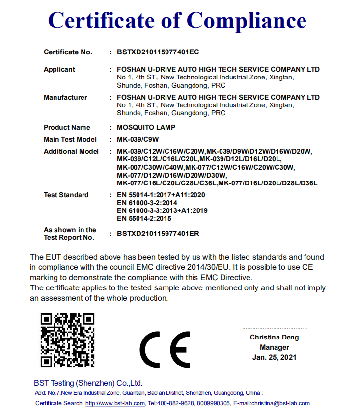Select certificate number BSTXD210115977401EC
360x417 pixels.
(158, 52)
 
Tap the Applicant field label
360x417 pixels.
(59, 70)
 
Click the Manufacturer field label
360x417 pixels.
(65, 98)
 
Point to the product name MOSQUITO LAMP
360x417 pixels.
(146, 128)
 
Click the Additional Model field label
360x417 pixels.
(71, 152)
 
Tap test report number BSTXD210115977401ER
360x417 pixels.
(158, 234)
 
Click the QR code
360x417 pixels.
(67, 340)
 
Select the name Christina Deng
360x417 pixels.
(274, 338)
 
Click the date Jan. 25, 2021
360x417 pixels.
(275, 358)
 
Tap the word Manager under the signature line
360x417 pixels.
(275, 347)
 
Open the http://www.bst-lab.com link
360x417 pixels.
(115, 403)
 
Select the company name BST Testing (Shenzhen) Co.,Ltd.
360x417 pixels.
(88, 383)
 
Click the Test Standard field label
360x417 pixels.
(66, 195)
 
